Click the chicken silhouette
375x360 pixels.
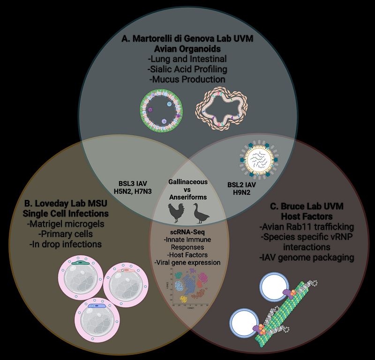click(177, 214)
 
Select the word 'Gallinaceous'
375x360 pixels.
click(187, 181)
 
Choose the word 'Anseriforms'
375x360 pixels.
click(187, 197)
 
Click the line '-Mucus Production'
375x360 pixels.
click(187, 79)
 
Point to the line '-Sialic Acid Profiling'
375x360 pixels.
click(187, 69)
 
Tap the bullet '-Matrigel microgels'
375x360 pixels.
click(65, 224)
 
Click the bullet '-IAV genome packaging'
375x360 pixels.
click(306, 257)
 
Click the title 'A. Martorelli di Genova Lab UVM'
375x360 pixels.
click(187, 39)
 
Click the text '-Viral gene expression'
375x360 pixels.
click(187, 262)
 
